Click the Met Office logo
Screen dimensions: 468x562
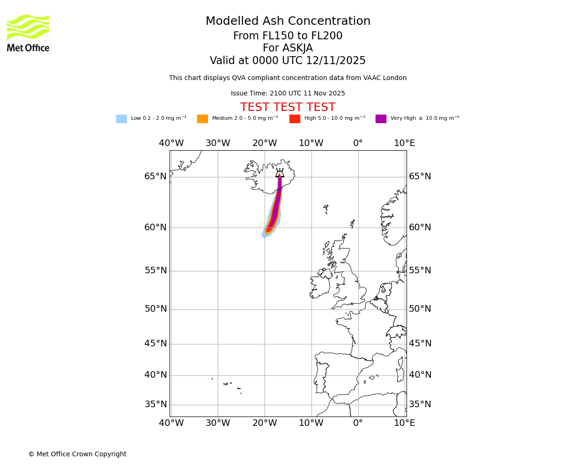[x=28, y=33]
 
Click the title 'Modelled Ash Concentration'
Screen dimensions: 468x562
[x=288, y=22]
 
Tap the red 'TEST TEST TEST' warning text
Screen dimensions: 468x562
[x=288, y=108]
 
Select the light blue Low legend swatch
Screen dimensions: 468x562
[x=121, y=119]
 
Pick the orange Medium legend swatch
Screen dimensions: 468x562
[x=202, y=119]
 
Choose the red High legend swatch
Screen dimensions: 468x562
[x=295, y=119]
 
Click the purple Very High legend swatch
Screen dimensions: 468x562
[x=381, y=119]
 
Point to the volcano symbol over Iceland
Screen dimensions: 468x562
[x=280, y=173]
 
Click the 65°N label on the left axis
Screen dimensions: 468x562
[x=155, y=176]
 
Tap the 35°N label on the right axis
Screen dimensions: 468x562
[x=420, y=404]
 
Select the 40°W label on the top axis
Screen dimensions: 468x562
[x=171, y=143]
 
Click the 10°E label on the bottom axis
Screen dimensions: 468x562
[x=405, y=423]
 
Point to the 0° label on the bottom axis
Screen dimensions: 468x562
[x=358, y=423]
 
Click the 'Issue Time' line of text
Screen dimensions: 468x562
[x=288, y=94]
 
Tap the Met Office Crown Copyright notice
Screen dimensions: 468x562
[x=77, y=454]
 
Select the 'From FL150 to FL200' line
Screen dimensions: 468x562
[x=288, y=36]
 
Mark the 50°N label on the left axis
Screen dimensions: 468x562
[x=155, y=309]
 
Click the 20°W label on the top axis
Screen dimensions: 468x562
[x=265, y=143]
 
